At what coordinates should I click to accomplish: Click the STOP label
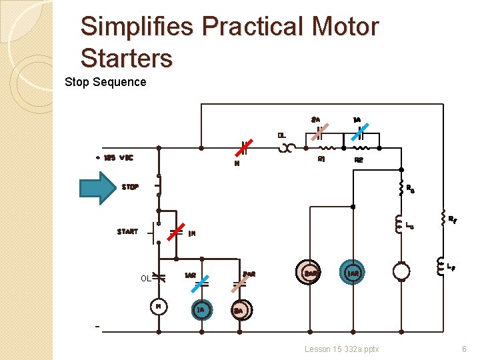pyautogui.click(x=130, y=187)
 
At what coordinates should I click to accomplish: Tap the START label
pyautogui.click(x=127, y=232)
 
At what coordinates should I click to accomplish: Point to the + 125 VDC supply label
pyautogui.click(x=114, y=158)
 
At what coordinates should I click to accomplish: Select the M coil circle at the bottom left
pyautogui.click(x=159, y=306)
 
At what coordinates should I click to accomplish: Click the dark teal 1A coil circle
pyautogui.click(x=201, y=309)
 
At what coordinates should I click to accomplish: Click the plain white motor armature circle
pyautogui.click(x=401, y=271)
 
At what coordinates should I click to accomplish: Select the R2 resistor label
pyautogui.click(x=359, y=161)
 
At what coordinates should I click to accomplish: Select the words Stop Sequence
pyautogui.click(x=105, y=82)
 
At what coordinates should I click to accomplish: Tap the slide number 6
pyautogui.click(x=464, y=349)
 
